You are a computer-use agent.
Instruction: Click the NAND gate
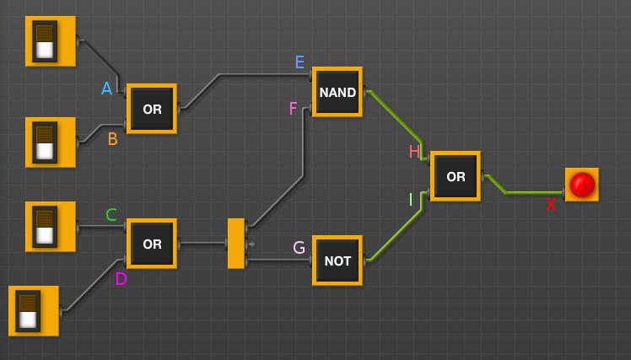pyautogui.click(x=337, y=92)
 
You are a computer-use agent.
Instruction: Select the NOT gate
pyautogui.click(x=337, y=261)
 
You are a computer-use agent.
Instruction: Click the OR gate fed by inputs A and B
pyautogui.click(x=152, y=109)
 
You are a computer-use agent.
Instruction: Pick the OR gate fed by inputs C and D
pyautogui.click(x=152, y=244)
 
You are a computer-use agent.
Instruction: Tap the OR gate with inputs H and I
pyautogui.click(x=455, y=176)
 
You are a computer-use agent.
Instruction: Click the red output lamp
pyautogui.click(x=581, y=185)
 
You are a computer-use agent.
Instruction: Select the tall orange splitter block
pyautogui.click(x=236, y=244)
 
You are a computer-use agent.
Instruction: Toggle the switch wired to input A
pyautogui.click(x=50, y=41)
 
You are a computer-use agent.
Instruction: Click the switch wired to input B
pyautogui.click(x=50, y=142)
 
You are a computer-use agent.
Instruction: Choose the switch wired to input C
pyautogui.click(x=50, y=227)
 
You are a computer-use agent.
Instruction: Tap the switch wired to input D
pyautogui.click(x=33, y=311)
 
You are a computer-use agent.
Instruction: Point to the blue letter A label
pyautogui.click(x=106, y=89)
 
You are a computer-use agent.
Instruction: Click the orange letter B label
pyautogui.click(x=112, y=139)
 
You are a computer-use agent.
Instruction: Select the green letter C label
pyautogui.click(x=111, y=215)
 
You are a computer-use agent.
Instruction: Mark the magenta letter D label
pyautogui.click(x=121, y=279)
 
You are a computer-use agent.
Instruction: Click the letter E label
pyautogui.click(x=299, y=62)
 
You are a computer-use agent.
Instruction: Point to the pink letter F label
pyautogui.click(x=293, y=109)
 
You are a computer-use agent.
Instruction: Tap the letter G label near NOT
pyautogui.click(x=299, y=248)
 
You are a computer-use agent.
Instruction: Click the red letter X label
pyautogui.click(x=551, y=205)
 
